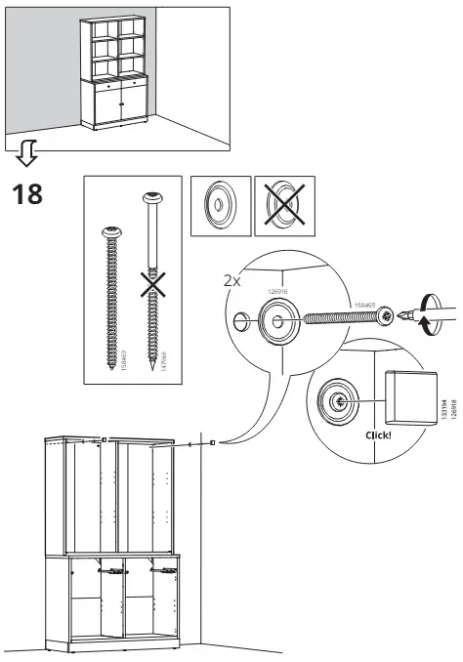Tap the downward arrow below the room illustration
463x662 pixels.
[x=29, y=151]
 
